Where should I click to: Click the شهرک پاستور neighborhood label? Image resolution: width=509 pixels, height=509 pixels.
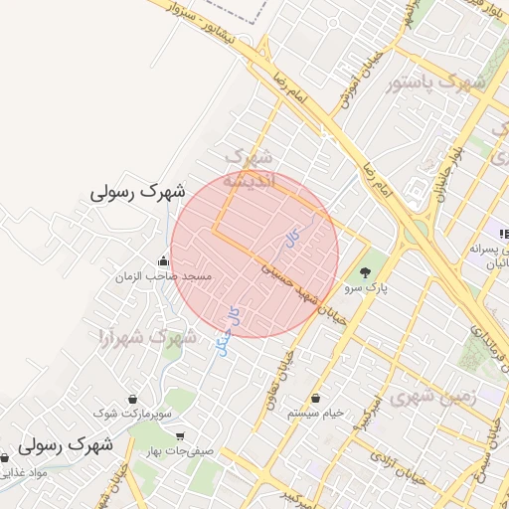(438, 82)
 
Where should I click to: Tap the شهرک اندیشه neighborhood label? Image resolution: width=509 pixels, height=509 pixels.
(249, 170)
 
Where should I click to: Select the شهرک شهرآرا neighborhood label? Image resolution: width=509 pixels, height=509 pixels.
(146, 337)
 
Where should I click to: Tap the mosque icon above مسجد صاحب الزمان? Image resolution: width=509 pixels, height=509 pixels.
(163, 261)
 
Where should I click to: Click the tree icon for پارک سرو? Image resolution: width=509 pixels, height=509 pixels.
(367, 272)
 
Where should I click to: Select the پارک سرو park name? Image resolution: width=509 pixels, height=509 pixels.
(367, 287)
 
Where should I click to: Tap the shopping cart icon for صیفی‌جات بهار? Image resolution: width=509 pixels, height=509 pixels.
(179, 436)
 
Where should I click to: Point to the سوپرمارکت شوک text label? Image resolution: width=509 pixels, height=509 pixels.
(133, 411)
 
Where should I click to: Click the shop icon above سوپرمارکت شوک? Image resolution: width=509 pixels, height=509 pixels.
(132, 398)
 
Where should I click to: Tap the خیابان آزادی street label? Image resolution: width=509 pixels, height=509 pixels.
(397, 468)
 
